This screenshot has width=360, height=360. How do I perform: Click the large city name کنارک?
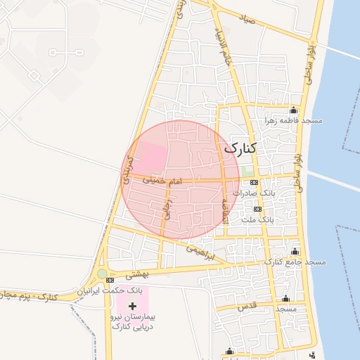point(240,148)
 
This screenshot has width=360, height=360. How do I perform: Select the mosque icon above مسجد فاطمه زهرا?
point(293,110)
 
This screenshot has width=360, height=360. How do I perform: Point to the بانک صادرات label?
point(259,192)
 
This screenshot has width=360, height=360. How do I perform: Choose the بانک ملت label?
point(257,219)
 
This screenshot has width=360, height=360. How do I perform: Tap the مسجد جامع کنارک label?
point(295,262)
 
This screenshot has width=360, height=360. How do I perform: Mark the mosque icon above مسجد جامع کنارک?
point(295,251)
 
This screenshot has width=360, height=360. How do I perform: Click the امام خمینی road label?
point(162,181)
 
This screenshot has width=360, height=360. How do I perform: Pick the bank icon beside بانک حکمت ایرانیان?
point(109,281)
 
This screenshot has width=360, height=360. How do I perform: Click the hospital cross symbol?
point(133,307)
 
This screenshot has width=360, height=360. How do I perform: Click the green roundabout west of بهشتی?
point(103,274)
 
